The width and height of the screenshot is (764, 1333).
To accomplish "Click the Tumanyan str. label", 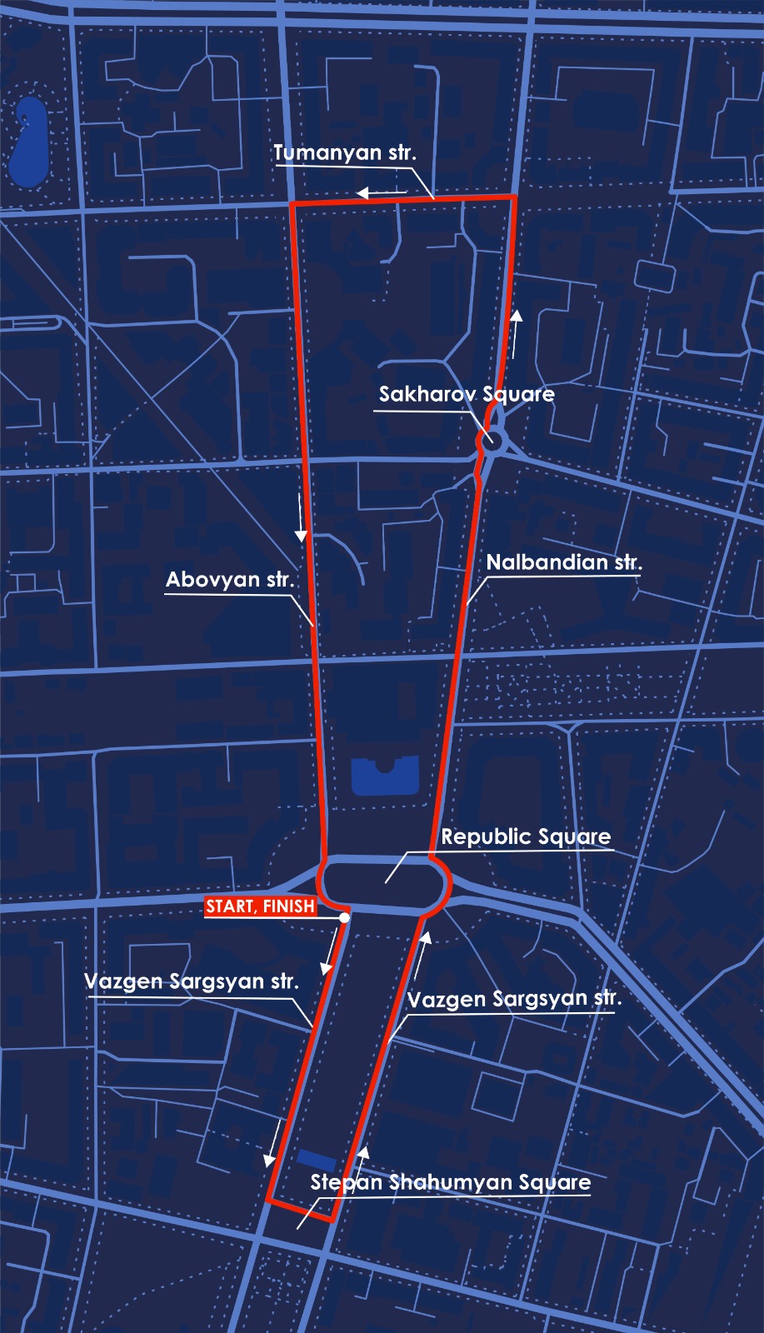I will point(344,153).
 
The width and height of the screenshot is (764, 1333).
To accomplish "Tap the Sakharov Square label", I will point(467,394).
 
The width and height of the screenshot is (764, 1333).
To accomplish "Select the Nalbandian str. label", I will point(564,562).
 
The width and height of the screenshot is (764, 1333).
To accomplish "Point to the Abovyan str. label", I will point(229,580).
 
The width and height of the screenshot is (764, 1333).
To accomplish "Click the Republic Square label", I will point(526,836).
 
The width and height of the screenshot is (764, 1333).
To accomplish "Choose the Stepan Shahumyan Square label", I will point(450,1182).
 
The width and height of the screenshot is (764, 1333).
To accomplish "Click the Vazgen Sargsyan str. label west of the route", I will point(191,981).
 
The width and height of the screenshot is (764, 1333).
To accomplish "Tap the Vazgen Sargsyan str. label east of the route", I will point(514,999).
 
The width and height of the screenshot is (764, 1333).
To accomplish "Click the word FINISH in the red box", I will point(289,906).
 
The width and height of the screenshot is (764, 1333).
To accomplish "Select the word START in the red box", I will point(231,906).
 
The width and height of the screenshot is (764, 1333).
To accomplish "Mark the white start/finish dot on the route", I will point(344,917).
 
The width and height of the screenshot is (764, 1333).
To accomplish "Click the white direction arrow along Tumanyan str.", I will point(381,194).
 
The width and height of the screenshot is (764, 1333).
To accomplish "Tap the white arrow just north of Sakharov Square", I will point(517,333).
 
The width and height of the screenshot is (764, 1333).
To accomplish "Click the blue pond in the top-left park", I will point(29,143).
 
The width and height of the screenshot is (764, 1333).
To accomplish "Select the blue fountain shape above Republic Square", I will point(385,776).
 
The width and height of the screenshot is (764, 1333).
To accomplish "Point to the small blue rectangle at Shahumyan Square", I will point(317,1159).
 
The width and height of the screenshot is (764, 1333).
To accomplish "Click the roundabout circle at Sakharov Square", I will point(492,439).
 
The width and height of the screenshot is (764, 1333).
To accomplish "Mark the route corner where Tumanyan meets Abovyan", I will point(292,203).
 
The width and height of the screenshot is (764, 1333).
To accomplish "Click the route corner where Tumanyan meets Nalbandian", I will point(514,197).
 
